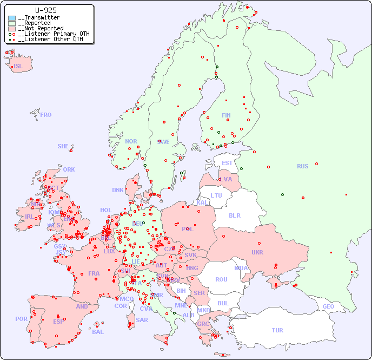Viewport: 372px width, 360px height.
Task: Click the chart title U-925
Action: click(x=45, y=10)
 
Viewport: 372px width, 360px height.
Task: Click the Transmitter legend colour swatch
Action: click(x=12, y=18)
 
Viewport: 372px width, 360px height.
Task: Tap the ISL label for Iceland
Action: click(x=18, y=67)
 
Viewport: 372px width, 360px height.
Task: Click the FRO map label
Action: click(x=46, y=115)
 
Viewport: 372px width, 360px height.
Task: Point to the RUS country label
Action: click(x=302, y=166)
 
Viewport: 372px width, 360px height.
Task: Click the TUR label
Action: click(x=277, y=330)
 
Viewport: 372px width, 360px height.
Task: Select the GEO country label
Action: click(x=328, y=306)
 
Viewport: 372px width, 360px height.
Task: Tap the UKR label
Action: click(x=257, y=252)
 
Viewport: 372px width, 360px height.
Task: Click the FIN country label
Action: click(x=226, y=115)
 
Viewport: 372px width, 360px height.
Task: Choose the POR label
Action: click(x=21, y=319)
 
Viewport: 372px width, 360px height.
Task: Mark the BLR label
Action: click(x=234, y=215)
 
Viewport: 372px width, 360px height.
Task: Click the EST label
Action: click(x=227, y=163)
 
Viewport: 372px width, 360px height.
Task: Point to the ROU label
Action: click(x=221, y=279)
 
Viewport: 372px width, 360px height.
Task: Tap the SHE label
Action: click(x=63, y=146)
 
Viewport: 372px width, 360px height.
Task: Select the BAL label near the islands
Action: click(x=98, y=332)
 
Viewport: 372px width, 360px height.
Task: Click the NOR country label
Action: click(x=131, y=141)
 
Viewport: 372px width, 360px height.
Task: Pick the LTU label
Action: click(x=216, y=195)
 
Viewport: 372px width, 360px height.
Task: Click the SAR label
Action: click(x=142, y=320)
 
